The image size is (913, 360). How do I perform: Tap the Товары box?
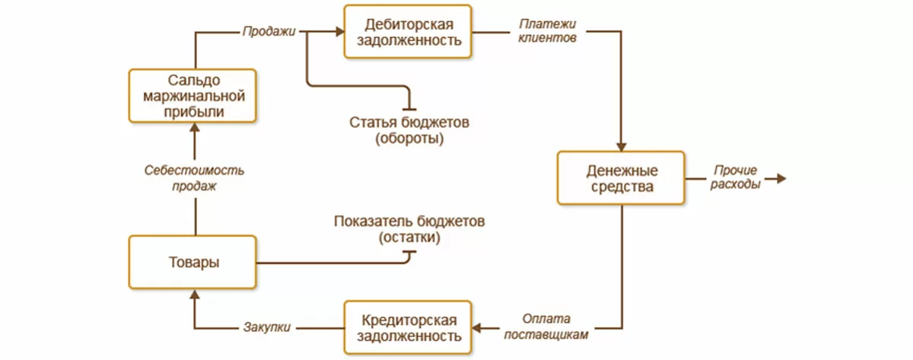[193, 263]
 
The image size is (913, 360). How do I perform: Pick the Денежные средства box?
[622, 178]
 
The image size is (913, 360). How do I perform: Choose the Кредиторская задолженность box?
[408, 327]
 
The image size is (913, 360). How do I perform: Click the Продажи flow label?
[269, 32]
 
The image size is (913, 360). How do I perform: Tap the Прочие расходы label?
[735, 178]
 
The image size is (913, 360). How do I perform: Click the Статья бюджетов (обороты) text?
[410, 131]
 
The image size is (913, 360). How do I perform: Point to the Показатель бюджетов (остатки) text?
[409, 229]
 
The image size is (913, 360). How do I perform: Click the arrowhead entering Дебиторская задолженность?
[339, 32]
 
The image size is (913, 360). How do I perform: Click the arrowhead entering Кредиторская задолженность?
[478, 327]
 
